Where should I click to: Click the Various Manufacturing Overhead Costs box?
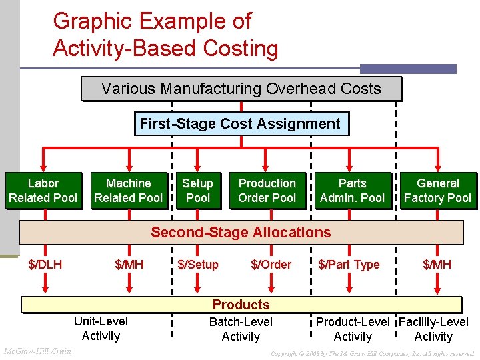(x=241, y=89)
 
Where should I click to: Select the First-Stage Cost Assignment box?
(x=240, y=124)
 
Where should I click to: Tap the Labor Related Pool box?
(x=43, y=191)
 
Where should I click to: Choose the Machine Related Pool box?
(x=129, y=191)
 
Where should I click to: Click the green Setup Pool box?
(x=198, y=191)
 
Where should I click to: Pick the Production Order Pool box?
(x=267, y=191)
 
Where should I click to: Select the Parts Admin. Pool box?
(x=353, y=191)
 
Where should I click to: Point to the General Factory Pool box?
(x=438, y=191)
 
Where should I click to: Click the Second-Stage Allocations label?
(x=241, y=232)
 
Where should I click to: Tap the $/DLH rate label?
(x=45, y=265)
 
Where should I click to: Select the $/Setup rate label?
(x=198, y=265)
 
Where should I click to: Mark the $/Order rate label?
(x=271, y=265)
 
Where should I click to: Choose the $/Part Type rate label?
(x=349, y=265)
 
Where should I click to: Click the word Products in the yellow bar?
(x=241, y=305)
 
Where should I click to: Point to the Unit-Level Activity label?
(x=101, y=329)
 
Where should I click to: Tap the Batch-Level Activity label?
(x=241, y=329)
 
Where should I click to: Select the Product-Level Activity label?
(x=353, y=329)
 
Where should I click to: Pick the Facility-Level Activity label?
(x=433, y=329)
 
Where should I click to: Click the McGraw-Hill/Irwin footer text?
(x=38, y=351)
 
